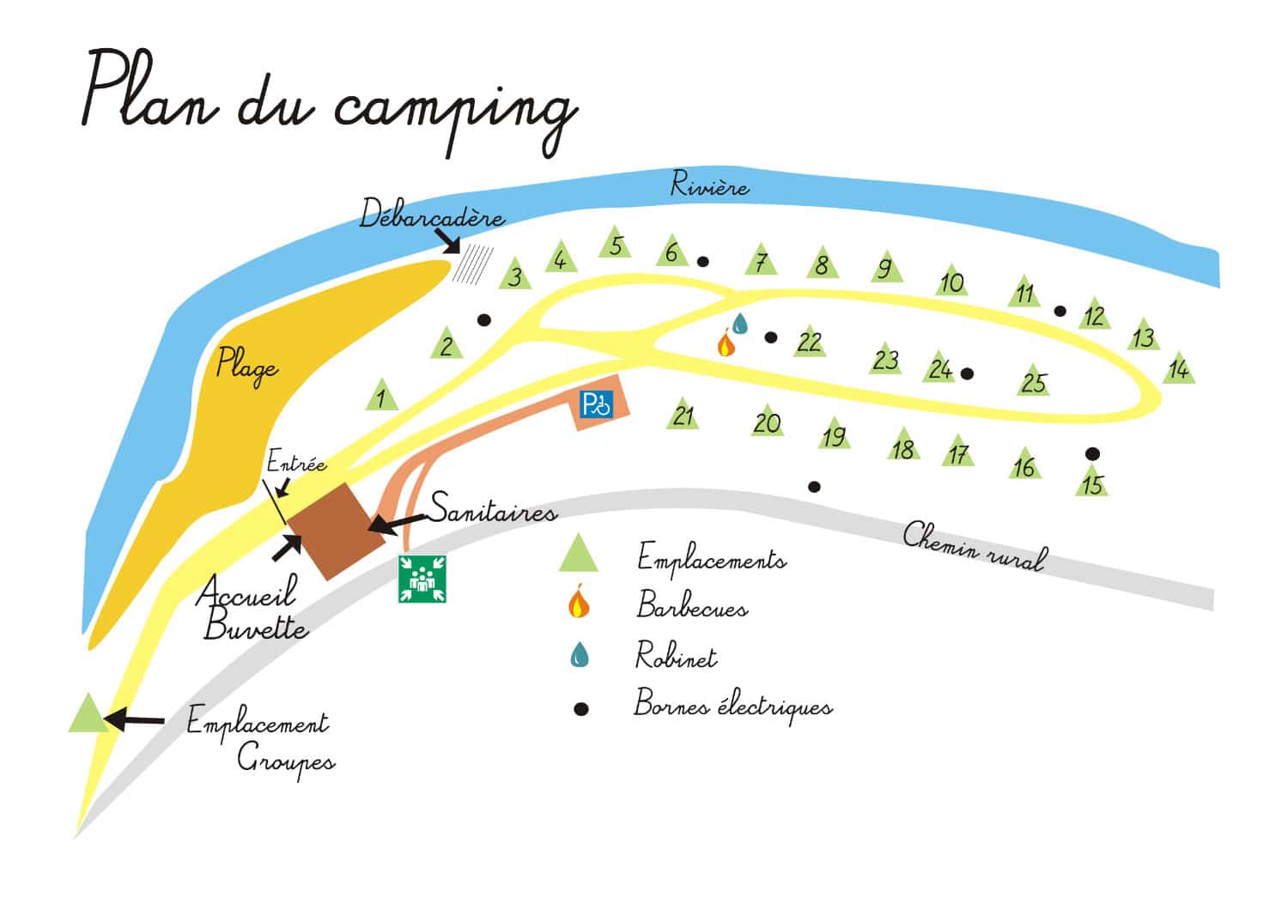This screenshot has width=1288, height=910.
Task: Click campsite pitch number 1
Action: click(381, 396)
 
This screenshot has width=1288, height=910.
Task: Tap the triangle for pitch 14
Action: click(1180, 368)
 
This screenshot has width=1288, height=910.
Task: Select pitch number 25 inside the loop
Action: click(1034, 379)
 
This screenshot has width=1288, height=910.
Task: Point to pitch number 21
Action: click(683, 415)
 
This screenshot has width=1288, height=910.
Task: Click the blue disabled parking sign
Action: click(597, 403)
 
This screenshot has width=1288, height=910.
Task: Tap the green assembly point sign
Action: click(422, 579)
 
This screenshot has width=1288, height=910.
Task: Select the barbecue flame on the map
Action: click(725, 343)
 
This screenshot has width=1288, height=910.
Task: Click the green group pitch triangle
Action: click(87, 714)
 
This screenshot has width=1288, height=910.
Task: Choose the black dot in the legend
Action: click(581, 709)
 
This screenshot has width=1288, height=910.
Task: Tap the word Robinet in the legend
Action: click(675, 657)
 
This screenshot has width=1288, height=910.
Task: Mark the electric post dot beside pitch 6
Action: click(703, 261)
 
